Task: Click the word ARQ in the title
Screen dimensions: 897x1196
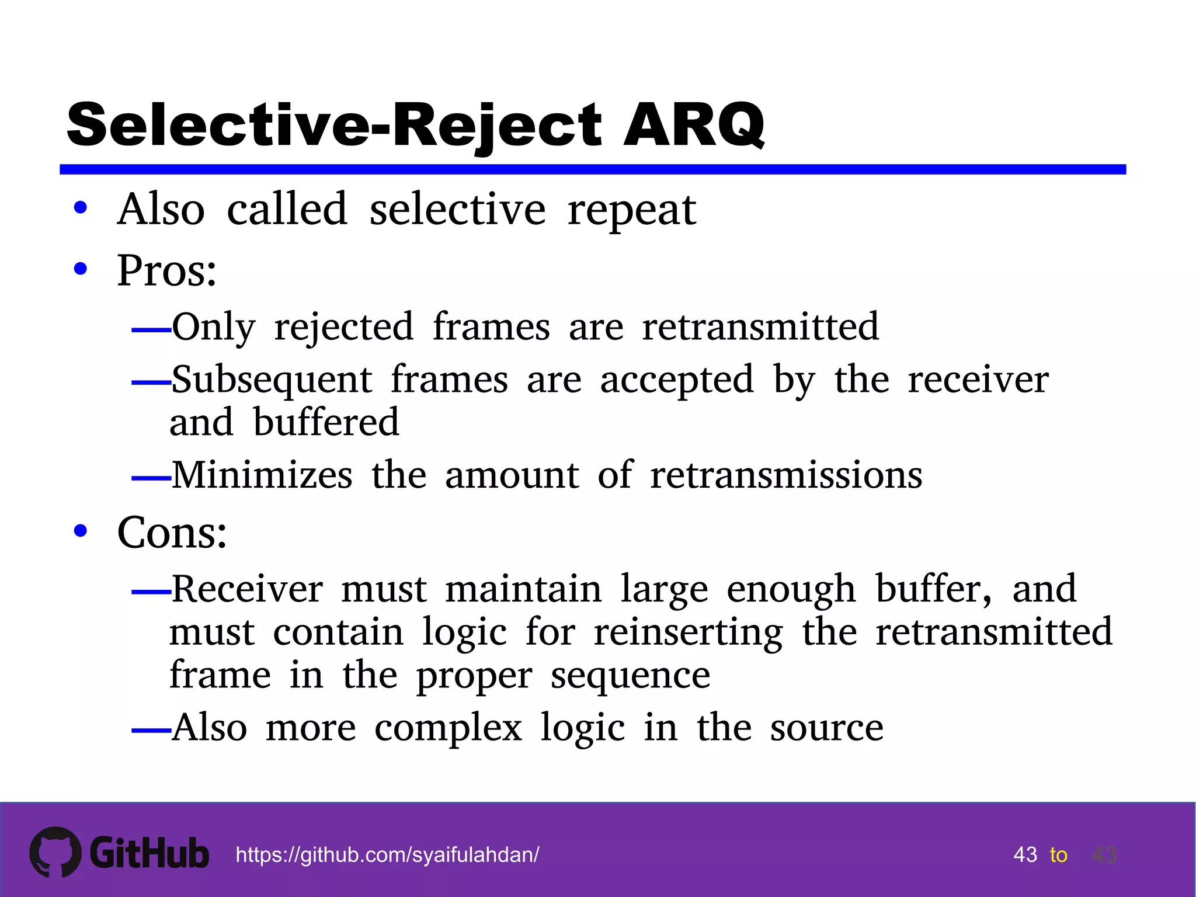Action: click(694, 125)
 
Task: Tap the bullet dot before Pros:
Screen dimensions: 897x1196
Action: click(81, 269)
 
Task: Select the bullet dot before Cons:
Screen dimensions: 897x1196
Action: click(81, 531)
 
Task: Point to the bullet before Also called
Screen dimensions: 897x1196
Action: click(81, 207)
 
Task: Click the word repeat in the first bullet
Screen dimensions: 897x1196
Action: click(632, 210)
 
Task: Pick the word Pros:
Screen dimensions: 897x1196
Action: click(167, 270)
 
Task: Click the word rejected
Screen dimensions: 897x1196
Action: click(344, 327)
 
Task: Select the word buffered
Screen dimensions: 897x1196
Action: click(326, 422)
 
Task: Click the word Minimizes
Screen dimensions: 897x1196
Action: click(262, 475)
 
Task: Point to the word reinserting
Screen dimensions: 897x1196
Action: click(689, 633)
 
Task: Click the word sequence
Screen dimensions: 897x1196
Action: click(631, 676)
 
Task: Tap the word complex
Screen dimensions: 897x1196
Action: click(448, 728)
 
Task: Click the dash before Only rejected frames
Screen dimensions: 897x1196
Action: click(151, 331)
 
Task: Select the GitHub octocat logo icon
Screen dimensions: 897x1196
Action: click(55, 852)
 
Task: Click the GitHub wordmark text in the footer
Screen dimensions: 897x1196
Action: click(149, 853)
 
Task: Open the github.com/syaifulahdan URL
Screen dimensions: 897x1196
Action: click(387, 855)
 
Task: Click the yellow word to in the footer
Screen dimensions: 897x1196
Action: click(1058, 855)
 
